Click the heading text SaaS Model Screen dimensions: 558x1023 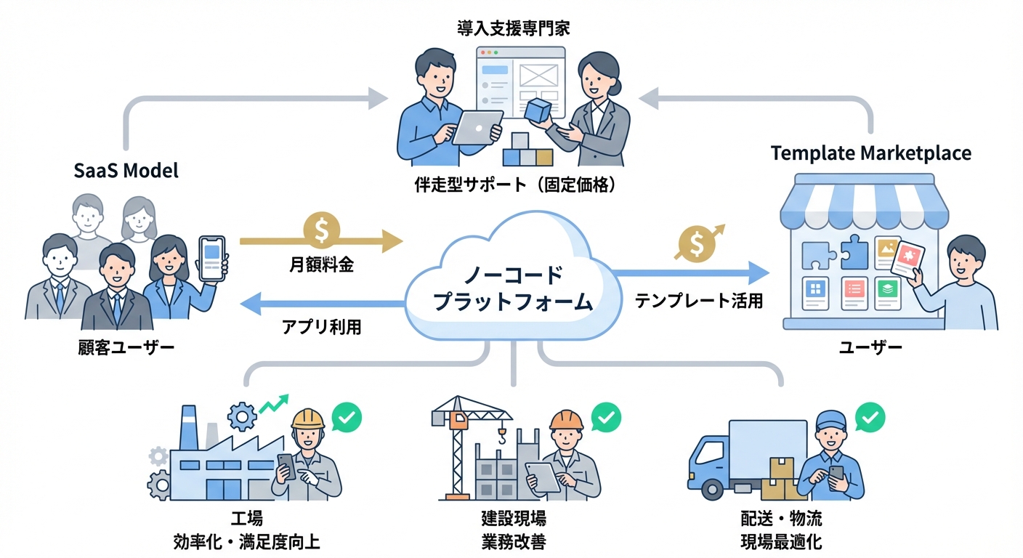coord(126,171)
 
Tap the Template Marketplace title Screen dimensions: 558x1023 coord(870,153)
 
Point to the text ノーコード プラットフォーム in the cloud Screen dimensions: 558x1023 coord(513,288)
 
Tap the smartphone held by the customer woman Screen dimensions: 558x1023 coord(212,259)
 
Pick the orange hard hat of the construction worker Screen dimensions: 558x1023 coord(566,419)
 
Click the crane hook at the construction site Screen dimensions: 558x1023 coord(501,437)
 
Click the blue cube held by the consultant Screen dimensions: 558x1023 coord(538,110)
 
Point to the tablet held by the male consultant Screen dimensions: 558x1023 coord(477,128)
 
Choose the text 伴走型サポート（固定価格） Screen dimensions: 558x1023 coord(513,185)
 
